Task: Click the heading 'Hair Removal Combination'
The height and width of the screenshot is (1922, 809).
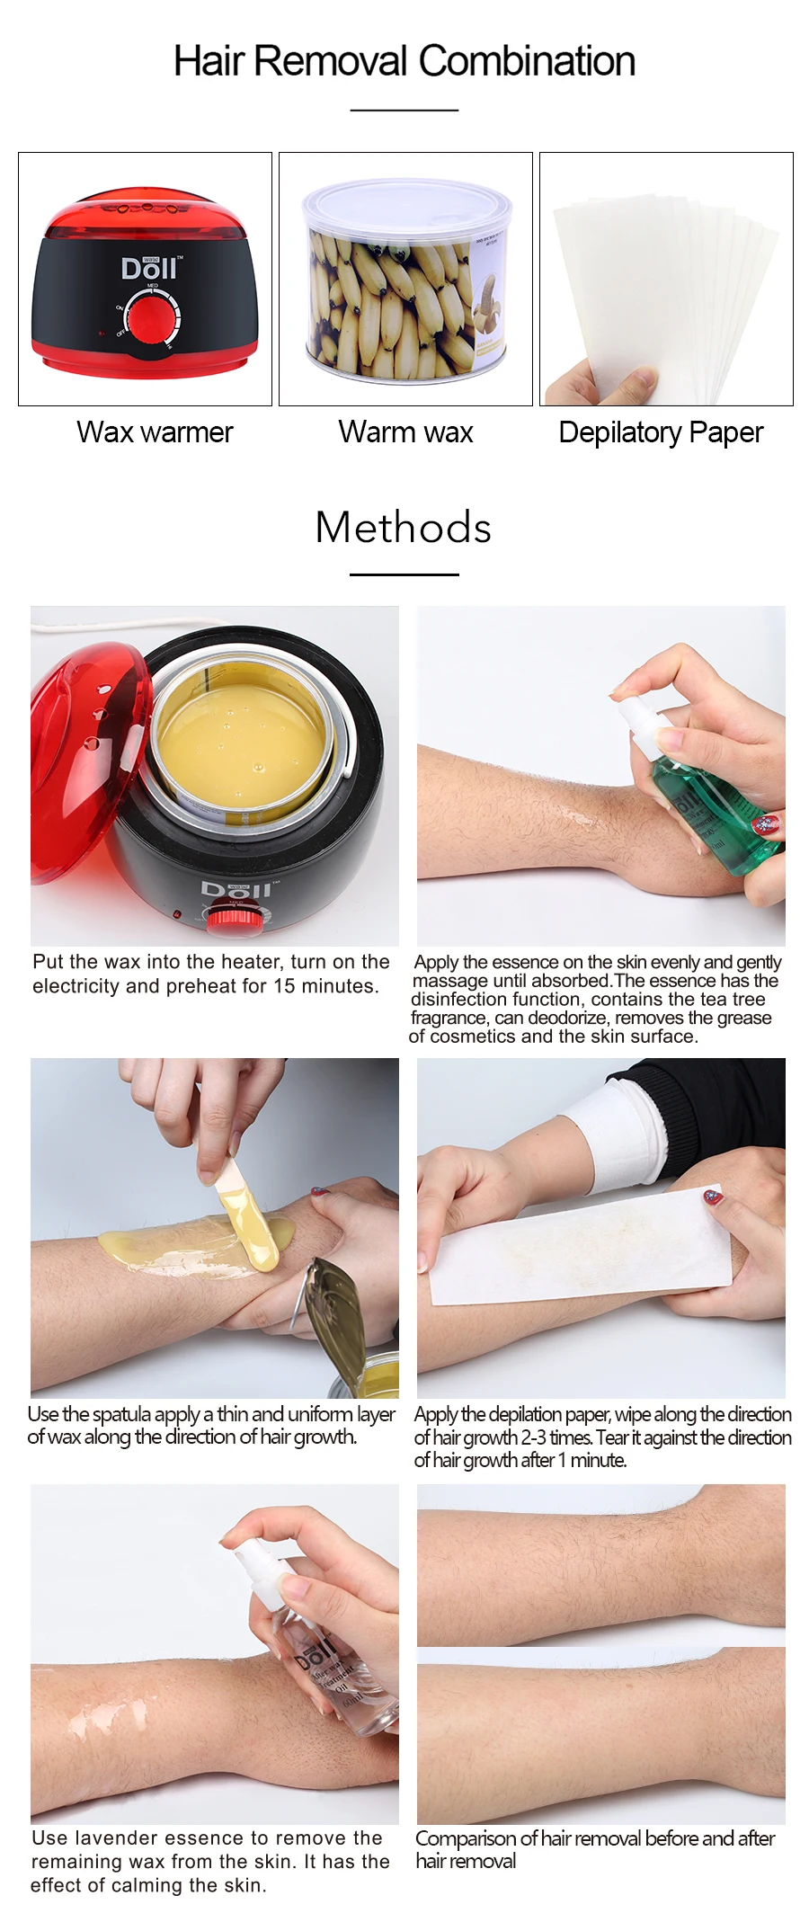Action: point(404,61)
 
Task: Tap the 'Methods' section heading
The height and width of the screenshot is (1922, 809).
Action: point(404,528)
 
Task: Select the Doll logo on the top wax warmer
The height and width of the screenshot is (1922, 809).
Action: point(149,268)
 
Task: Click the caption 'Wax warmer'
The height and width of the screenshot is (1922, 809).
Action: point(155,432)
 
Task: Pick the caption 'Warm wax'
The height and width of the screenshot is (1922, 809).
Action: point(405,432)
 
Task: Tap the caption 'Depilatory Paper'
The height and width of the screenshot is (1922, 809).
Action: point(661,432)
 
